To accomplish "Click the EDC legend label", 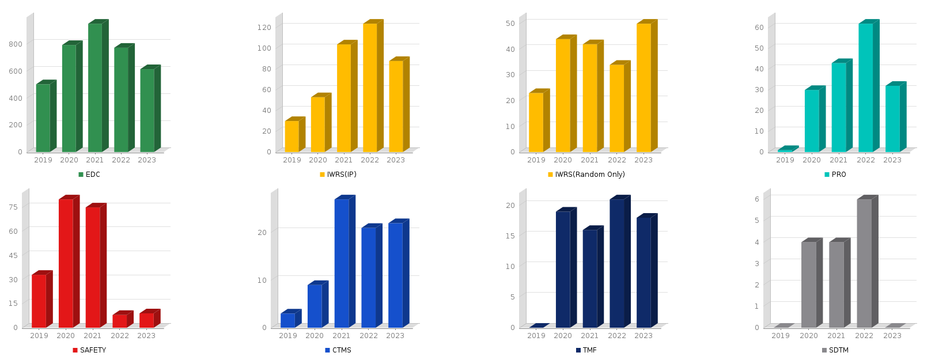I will point(93,175).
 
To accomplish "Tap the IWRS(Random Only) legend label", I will point(590,175).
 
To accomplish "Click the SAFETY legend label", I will point(93,350).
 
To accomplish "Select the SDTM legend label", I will point(839,350).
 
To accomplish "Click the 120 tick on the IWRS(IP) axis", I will point(264,27).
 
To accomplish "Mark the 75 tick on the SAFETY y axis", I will point(13,207).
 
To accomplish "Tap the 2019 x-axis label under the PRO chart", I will point(785,160).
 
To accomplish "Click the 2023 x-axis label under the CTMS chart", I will point(395,336).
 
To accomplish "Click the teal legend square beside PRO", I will point(827,175).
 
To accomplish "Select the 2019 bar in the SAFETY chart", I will point(39,301).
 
